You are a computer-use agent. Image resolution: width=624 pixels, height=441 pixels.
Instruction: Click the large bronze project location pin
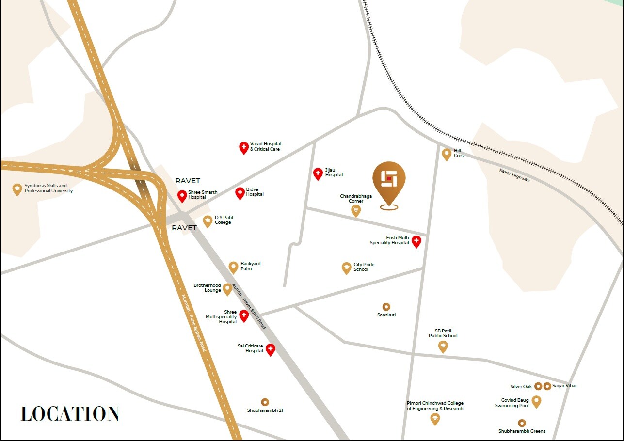(389, 182)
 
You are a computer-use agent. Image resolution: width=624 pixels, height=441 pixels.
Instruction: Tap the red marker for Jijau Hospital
(318, 173)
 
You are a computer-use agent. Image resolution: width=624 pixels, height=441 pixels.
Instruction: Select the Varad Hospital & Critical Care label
(265, 146)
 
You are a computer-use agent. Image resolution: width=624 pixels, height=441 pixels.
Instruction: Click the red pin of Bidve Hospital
(240, 193)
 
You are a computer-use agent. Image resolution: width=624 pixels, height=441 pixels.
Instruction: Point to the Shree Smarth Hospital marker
(182, 196)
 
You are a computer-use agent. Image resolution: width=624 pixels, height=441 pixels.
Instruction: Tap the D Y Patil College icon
(208, 221)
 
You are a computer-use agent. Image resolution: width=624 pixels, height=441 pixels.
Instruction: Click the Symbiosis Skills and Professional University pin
(17, 189)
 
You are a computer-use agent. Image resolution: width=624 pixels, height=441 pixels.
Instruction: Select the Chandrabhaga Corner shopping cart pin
(356, 210)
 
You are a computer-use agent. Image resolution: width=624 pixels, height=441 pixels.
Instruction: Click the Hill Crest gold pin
(447, 154)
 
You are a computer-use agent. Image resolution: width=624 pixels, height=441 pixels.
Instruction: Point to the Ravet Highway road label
(514, 175)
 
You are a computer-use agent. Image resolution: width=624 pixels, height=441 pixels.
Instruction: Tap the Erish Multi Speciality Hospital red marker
(416, 241)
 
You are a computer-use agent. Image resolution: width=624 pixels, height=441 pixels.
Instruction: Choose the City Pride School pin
(346, 268)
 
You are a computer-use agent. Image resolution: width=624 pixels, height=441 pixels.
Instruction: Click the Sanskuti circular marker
(386, 307)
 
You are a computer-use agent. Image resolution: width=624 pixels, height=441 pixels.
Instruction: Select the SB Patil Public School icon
(443, 346)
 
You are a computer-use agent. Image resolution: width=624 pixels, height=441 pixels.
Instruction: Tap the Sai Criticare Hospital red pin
(271, 349)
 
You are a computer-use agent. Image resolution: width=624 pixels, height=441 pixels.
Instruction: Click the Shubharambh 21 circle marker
(265, 402)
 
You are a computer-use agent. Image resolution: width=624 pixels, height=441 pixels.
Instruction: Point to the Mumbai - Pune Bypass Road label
(194, 323)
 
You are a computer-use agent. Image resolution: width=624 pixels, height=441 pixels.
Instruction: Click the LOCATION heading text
(70, 414)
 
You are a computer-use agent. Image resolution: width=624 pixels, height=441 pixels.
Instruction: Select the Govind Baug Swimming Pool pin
(536, 401)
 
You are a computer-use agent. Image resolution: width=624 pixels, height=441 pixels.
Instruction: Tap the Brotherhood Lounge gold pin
(227, 289)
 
